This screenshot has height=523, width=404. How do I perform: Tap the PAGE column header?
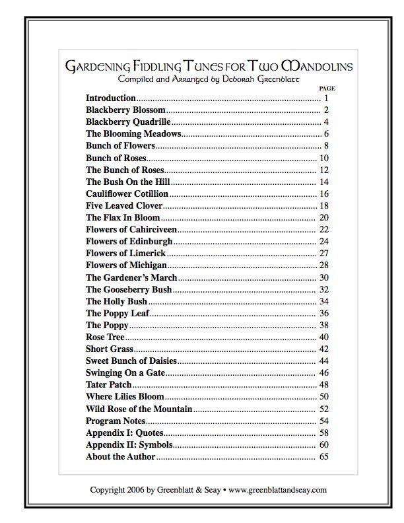point(327,88)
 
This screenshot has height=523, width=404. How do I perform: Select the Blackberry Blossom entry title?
point(125,110)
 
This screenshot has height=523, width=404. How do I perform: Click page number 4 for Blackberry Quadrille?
point(326,122)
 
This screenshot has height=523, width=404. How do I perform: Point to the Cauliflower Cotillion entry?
point(127,193)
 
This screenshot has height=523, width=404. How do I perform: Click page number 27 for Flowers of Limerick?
point(323,253)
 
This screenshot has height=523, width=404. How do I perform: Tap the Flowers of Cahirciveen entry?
point(131,229)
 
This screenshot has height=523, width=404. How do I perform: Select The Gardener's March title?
point(131,277)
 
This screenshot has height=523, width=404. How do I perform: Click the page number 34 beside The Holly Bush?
point(323,301)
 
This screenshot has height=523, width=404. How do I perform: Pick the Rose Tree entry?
point(105,337)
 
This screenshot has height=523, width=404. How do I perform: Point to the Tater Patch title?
point(108,384)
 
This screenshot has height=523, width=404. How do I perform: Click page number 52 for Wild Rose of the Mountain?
point(323,409)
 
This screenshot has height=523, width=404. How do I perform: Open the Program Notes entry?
point(116,421)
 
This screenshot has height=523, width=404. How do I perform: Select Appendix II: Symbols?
point(129,444)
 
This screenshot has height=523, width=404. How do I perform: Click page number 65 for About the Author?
point(323,456)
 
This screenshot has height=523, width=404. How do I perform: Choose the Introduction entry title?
point(110,98)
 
